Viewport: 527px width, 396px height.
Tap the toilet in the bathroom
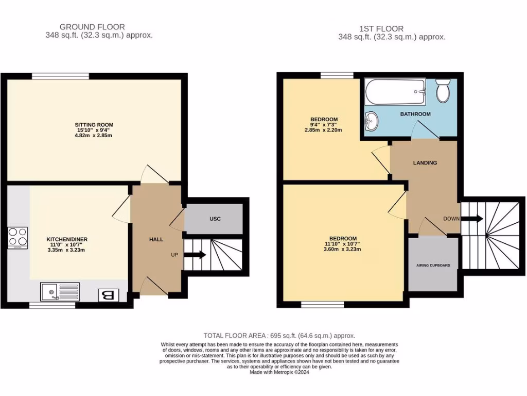443,91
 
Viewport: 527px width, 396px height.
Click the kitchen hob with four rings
18,237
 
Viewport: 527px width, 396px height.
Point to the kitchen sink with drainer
60,292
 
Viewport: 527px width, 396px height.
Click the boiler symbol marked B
109,295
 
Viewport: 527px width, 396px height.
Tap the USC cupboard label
215,219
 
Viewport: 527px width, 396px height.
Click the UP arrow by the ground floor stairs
195,254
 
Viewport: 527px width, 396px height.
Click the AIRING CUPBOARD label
433,266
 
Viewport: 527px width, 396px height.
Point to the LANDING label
425,162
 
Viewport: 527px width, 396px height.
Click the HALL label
156,240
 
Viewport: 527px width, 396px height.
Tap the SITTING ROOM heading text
94,125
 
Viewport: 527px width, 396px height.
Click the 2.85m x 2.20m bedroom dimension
324,130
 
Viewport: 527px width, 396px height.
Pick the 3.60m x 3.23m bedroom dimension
342,249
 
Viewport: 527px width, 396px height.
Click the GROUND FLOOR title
92,27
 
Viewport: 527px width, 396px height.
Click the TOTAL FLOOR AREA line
279,335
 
